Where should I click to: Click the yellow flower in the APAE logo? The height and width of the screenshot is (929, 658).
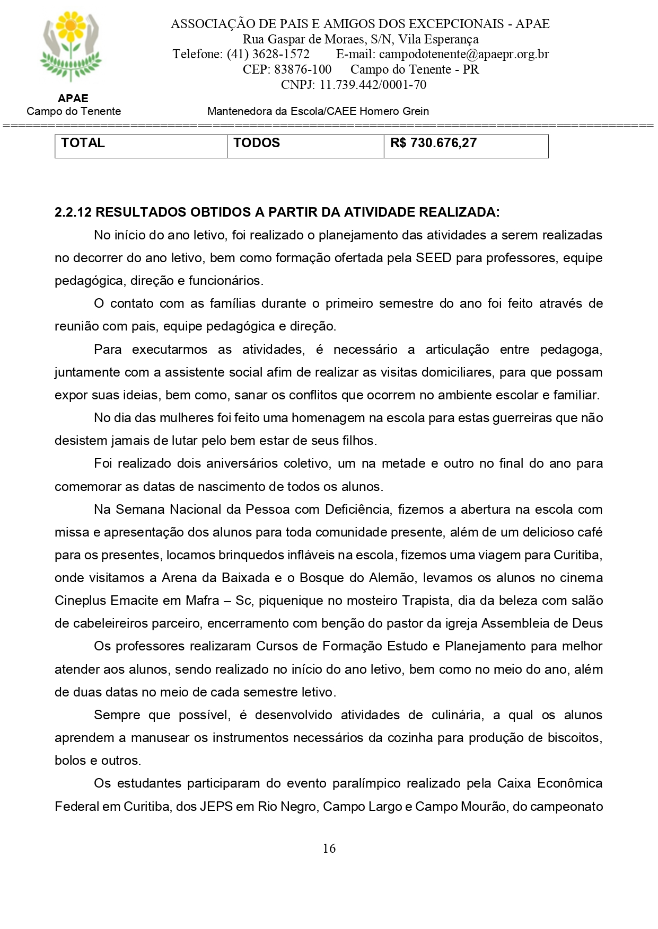point(71,25)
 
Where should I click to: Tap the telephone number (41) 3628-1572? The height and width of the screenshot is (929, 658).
point(268,54)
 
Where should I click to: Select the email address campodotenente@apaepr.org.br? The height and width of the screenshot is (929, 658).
point(464,54)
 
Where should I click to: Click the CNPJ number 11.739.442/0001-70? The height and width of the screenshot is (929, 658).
point(373,85)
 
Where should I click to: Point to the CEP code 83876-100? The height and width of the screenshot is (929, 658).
point(303,69)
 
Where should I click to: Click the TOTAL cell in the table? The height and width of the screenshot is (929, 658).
point(83,143)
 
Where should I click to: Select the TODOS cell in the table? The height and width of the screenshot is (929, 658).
point(257,143)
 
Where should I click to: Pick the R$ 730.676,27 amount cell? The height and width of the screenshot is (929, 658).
point(433,143)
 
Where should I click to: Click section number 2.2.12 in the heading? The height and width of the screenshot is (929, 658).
point(73,212)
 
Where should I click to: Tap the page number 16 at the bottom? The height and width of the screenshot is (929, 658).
point(329,848)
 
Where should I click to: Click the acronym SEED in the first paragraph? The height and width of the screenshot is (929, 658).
point(433,258)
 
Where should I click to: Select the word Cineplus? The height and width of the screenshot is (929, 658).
point(80,601)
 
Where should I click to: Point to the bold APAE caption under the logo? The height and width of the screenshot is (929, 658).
point(73,99)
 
